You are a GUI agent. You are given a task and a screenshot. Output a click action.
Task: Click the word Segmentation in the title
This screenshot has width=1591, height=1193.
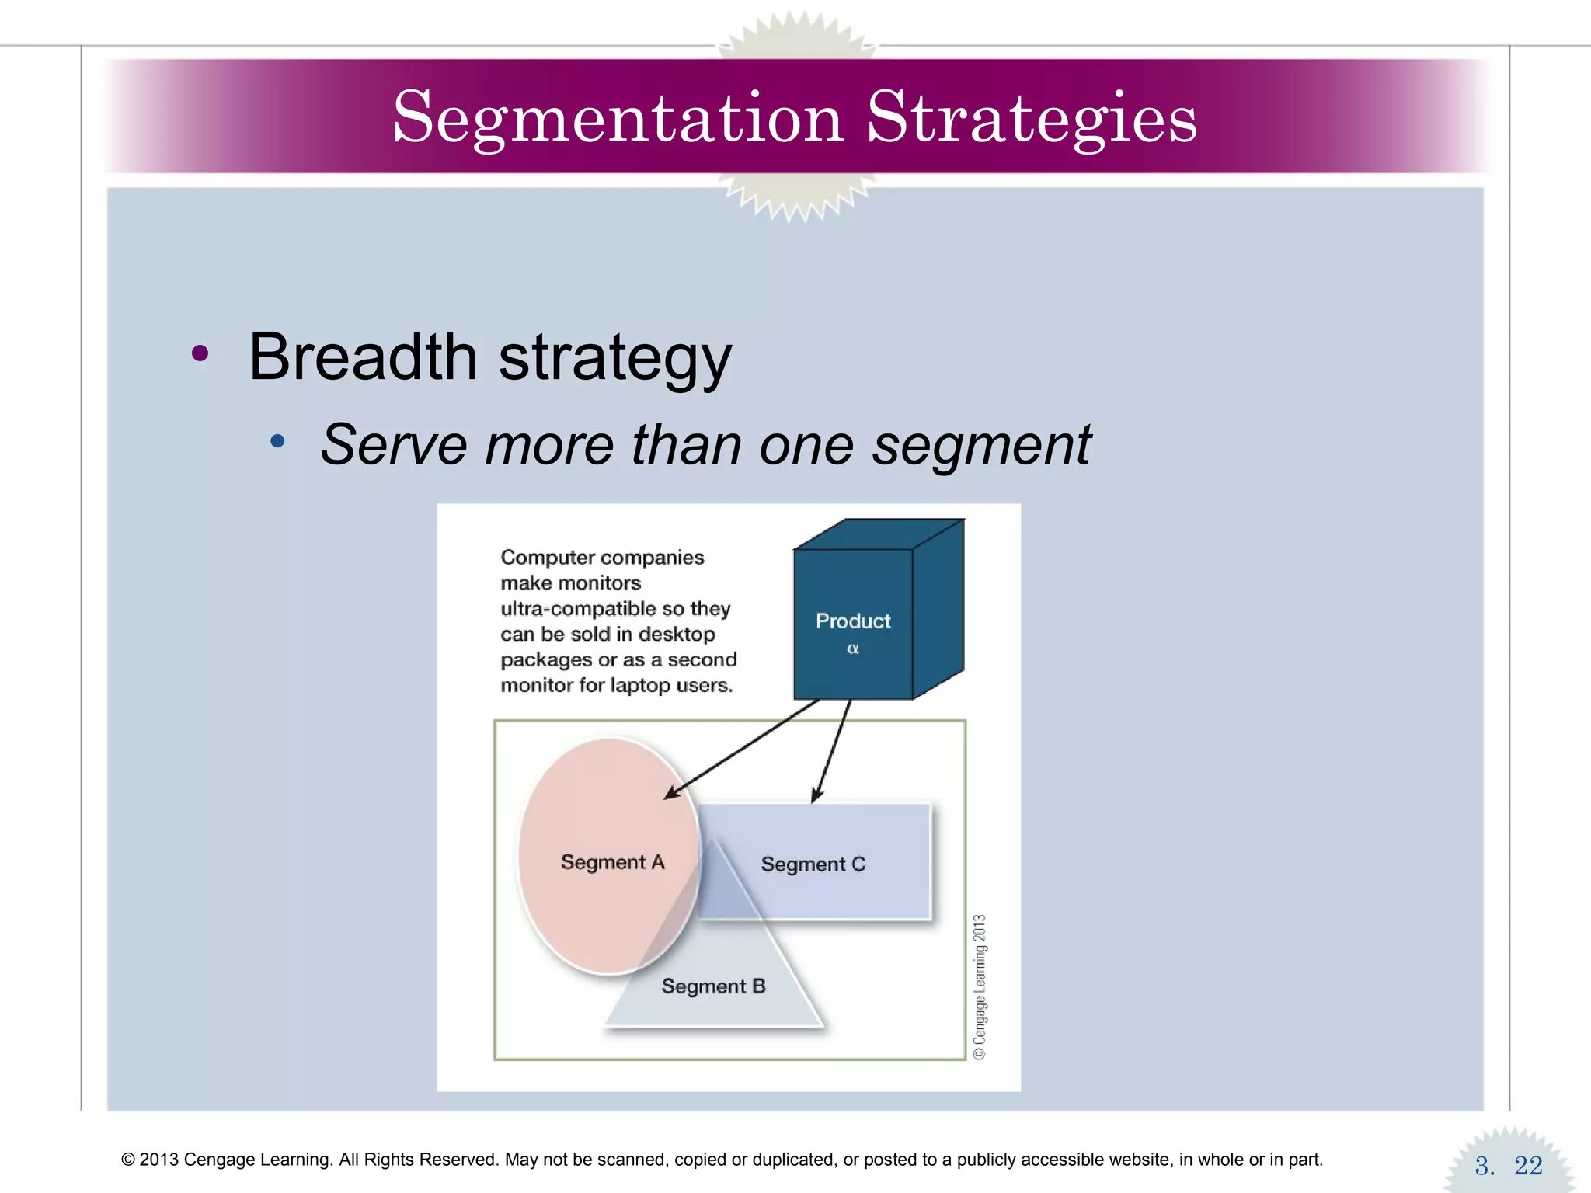[618, 118]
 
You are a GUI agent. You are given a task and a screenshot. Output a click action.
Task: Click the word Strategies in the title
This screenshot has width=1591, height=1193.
[1031, 118]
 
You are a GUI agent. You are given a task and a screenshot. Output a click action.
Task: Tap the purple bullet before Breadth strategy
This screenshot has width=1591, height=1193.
[200, 354]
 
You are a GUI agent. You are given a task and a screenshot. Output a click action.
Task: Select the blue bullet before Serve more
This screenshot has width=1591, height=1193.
[277, 442]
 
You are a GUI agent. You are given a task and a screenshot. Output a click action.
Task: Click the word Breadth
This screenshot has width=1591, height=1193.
[363, 357]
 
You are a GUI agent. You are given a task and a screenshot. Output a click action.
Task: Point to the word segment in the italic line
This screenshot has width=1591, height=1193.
[981, 445]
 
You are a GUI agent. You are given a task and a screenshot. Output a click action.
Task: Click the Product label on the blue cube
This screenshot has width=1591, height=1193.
[852, 621]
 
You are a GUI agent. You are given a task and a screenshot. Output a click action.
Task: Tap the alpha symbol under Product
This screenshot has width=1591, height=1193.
[852, 648]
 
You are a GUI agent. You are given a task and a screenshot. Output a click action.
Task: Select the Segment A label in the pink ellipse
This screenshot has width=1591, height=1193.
[612, 862]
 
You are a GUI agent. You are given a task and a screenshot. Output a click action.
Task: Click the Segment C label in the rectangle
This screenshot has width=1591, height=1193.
[813, 864]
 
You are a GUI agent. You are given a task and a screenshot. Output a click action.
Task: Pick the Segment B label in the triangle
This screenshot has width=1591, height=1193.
[713, 986]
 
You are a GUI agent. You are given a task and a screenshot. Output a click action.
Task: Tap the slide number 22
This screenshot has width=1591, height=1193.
[1527, 1165]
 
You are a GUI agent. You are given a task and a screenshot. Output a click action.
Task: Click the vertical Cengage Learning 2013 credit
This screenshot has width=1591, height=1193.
[980, 986]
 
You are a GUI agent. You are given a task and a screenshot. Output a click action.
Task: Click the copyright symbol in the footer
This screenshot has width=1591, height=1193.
[128, 1160]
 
